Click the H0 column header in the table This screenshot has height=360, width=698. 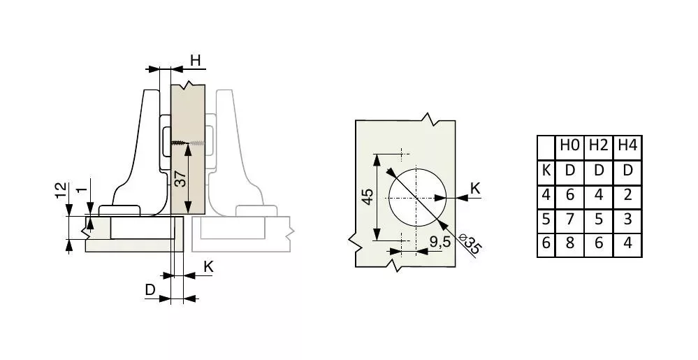pyautogui.click(x=569, y=145)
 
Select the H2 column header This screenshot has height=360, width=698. pyautogui.click(x=598, y=145)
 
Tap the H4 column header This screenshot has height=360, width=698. pyautogui.click(x=627, y=145)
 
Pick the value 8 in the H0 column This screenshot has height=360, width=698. pyautogui.click(x=570, y=244)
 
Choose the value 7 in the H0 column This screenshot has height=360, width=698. pyautogui.click(x=570, y=219)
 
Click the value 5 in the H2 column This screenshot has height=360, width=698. pyautogui.click(x=599, y=219)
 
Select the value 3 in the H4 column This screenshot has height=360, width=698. pyautogui.click(x=627, y=219)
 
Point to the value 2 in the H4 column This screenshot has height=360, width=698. pyautogui.click(x=627, y=195)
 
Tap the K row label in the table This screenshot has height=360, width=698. pyautogui.click(x=546, y=170)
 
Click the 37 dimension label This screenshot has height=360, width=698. pyautogui.click(x=180, y=180)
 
